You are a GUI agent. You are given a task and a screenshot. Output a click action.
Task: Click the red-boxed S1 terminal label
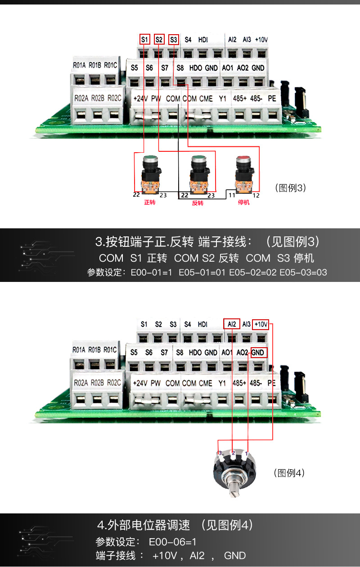pos(144,39)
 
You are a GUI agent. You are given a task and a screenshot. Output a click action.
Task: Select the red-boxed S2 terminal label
pos(159,39)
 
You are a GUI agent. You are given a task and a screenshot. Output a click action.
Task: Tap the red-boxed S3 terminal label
pos(173,39)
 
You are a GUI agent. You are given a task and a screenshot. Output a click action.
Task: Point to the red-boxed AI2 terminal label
pos(232,324)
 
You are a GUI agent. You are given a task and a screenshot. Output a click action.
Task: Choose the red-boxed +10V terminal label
pos(261,324)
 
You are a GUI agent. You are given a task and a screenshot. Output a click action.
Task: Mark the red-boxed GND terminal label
pos(258,352)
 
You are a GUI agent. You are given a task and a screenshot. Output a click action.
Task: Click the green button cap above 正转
pos(150,159)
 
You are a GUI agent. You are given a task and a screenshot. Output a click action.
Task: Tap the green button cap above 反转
pos(198,159)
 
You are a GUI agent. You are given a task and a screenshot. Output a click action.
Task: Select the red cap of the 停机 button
pos(243,159)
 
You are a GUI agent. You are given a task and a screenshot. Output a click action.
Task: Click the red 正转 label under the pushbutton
pos(150,203)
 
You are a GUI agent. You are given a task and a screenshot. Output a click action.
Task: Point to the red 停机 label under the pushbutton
pos(243,203)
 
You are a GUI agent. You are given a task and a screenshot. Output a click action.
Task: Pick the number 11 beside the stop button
pos(231,195)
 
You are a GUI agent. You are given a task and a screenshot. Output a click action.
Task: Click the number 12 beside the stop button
pos(256,195)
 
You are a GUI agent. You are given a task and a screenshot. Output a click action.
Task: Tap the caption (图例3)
pos(290,188)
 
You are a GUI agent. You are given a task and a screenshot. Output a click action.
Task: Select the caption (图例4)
pos(289,473)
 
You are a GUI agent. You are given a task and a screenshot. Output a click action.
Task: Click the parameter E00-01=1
pos(151,272)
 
